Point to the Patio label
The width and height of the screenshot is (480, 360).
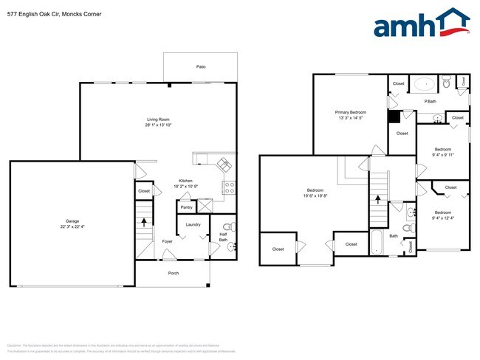200,66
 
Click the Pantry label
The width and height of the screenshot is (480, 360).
186,207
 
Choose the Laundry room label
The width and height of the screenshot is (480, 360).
193,224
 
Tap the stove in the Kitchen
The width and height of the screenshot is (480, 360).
229,187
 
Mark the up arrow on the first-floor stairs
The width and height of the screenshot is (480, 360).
144,221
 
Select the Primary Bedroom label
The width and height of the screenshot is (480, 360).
351,112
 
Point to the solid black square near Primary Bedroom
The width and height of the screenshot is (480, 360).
394,116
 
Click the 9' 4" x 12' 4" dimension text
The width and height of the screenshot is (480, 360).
444,217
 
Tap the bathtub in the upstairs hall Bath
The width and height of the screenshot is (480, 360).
377,243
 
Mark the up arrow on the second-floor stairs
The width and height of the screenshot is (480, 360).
378,198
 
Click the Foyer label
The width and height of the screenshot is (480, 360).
168,240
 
